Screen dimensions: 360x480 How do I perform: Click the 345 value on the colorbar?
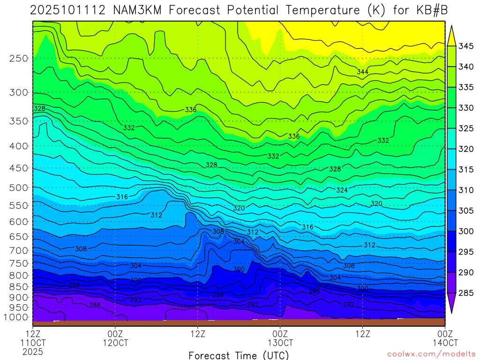[466, 46]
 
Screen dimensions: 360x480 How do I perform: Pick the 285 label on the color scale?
[466, 293]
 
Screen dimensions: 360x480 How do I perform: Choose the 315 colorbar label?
[466, 170]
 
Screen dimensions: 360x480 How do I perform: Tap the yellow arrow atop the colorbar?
[451, 36]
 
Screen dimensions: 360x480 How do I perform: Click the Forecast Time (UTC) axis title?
[239, 355]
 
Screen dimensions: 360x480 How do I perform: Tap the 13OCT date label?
[280, 342]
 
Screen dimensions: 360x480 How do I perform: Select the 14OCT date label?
[444, 342]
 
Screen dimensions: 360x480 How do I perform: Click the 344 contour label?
[362, 72]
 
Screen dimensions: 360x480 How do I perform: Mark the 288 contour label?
[94, 305]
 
